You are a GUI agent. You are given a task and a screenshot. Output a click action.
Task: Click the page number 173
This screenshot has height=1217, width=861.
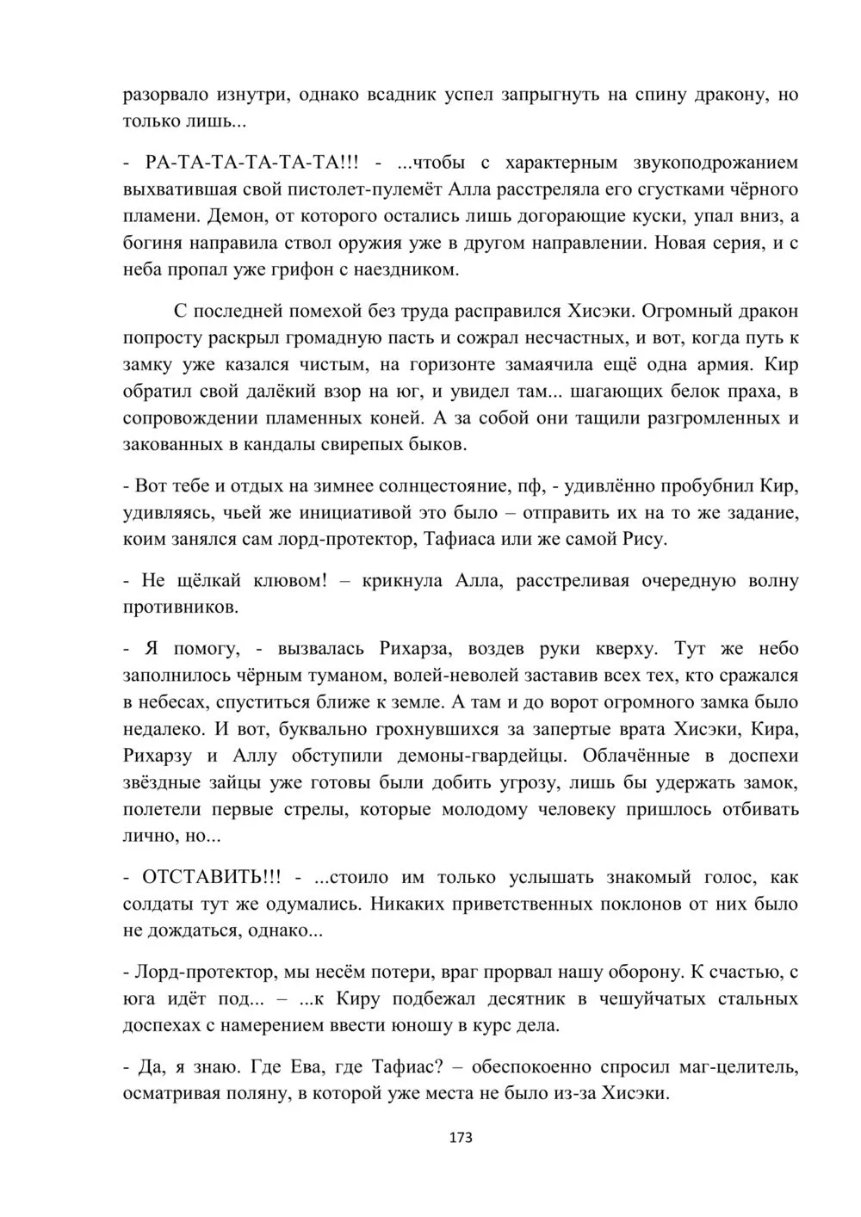(x=461, y=1137)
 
